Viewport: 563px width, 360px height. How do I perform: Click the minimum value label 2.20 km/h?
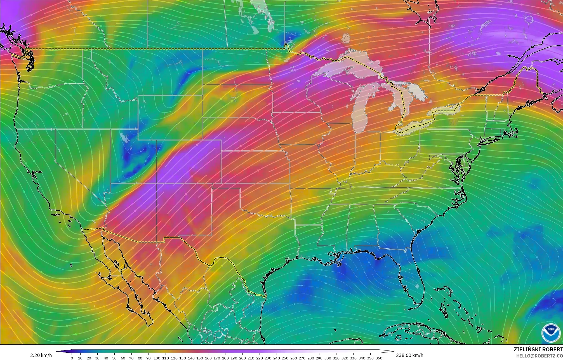coord(41,356)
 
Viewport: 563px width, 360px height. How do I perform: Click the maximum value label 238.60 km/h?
coord(409,356)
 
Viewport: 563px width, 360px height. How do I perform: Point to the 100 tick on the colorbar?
coord(157,358)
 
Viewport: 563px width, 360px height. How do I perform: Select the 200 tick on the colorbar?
coord(242,358)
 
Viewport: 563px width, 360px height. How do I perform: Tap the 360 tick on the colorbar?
coord(378,358)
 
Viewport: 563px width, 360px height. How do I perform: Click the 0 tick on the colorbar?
coord(72,358)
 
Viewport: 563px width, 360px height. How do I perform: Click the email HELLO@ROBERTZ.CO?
coord(539,356)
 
